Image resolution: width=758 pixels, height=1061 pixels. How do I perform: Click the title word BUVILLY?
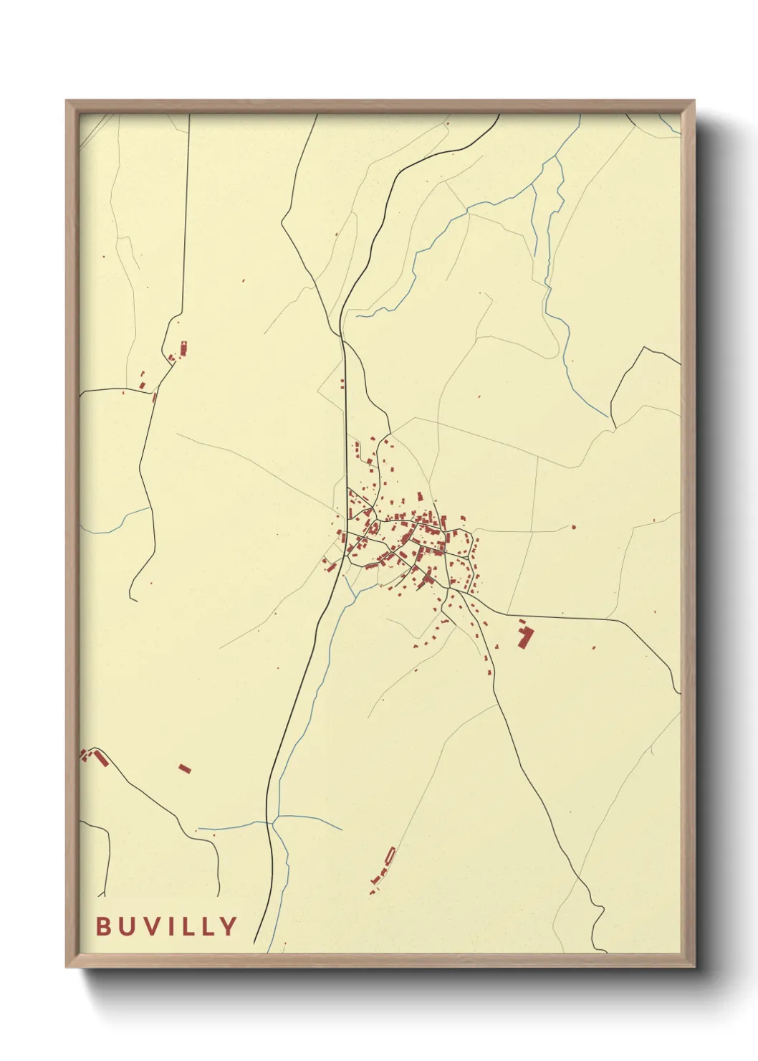tap(166, 926)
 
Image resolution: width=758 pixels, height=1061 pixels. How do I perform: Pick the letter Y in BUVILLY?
tap(229, 926)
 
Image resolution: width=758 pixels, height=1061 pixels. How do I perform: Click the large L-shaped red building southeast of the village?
tap(526, 637)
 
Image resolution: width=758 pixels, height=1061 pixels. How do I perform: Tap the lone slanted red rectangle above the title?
tap(185, 769)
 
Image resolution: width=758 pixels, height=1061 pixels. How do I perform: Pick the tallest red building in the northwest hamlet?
tap(183, 348)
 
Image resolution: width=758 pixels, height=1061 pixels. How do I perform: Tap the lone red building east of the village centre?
tap(573, 527)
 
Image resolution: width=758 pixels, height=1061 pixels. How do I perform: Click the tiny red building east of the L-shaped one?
tap(594, 647)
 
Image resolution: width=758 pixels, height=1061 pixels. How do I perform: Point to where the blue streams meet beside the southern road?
tap(277, 817)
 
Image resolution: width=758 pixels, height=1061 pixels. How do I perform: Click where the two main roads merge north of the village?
tap(342, 337)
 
